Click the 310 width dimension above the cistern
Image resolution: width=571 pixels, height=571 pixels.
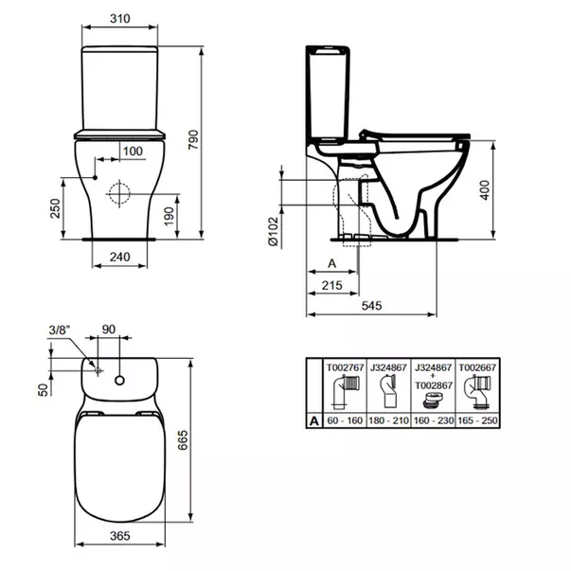pyautogui.click(x=120, y=19)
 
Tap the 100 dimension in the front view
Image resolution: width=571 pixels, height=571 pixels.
pyautogui.click(x=133, y=152)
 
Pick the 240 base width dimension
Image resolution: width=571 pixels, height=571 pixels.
pyautogui.click(x=119, y=257)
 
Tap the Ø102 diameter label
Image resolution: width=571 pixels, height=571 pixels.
pyautogui.click(x=271, y=232)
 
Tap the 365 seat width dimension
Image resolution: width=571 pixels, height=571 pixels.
pyautogui.click(x=119, y=537)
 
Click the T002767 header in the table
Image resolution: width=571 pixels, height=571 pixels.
pyautogui.click(x=344, y=366)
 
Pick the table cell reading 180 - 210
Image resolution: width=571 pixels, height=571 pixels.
pyautogui.click(x=386, y=419)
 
